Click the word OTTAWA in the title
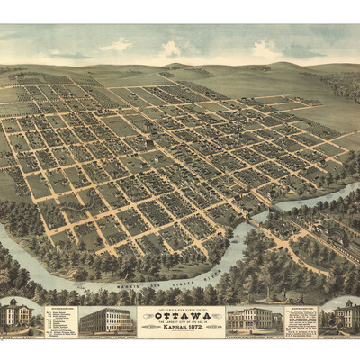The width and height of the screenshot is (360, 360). click(180, 314)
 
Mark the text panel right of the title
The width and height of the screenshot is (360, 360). click(300, 319)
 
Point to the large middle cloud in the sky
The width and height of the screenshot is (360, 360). click(170, 49)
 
